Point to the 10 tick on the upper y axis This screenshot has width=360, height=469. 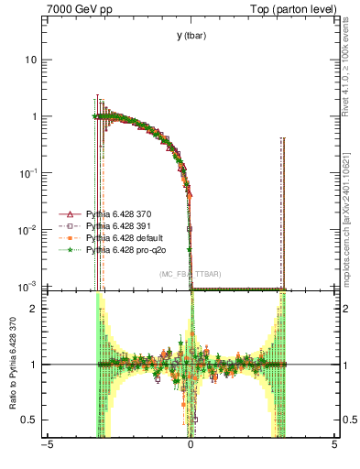click(x=34, y=60)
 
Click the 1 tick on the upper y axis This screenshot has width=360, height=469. click(x=37, y=116)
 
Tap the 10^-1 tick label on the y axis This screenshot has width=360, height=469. click(x=31, y=173)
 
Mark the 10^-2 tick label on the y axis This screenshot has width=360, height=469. click(x=31, y=230)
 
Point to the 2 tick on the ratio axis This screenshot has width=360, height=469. click(x=37, y=309)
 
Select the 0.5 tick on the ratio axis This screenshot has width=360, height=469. click(x=33, y=420)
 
